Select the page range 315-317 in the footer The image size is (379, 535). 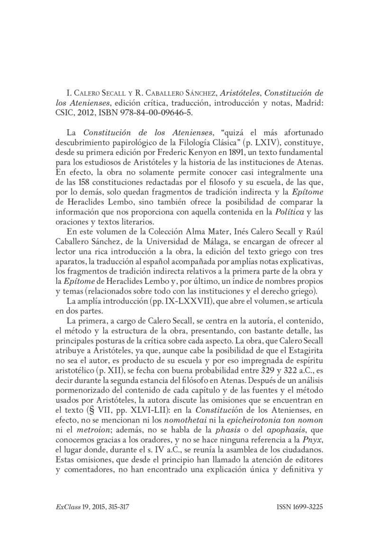click(x=116, y=507)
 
